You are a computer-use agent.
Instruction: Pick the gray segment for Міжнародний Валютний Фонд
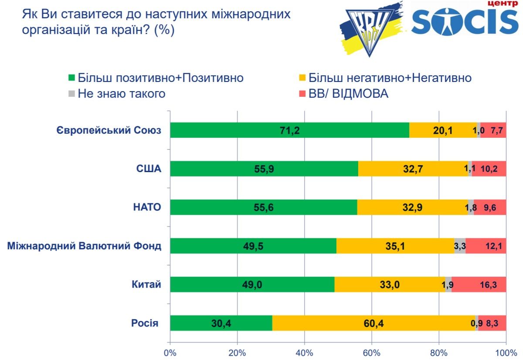(x=460, y=246)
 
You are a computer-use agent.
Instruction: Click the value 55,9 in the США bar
(x=264, y=169)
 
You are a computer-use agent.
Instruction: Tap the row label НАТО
(x=146, y=207)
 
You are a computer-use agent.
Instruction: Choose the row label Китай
(x=146, y=285)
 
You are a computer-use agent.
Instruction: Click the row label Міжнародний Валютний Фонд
(x=85, y=246)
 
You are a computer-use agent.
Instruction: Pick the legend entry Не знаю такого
(x=121, y=94)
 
